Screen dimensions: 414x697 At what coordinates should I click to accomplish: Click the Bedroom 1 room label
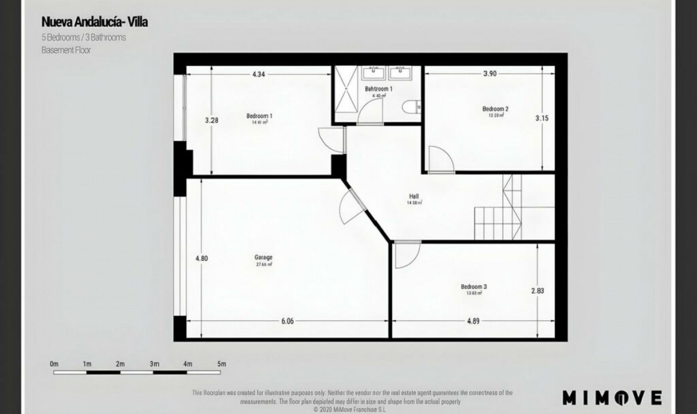259,116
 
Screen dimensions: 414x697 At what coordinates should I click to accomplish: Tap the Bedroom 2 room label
495,109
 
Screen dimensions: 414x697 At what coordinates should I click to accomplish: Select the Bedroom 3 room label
474,287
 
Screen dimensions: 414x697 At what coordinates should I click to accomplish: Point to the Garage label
263,257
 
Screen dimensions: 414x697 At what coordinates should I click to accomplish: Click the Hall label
414,196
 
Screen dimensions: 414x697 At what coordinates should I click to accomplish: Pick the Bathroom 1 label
379,89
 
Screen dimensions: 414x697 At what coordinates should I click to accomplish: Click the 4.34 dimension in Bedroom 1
258,74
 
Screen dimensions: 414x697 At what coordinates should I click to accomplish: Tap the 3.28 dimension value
212,120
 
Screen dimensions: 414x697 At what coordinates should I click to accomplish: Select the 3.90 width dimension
490,74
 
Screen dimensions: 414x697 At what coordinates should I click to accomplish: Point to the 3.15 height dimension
542,118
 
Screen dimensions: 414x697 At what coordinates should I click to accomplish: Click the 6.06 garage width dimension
287,321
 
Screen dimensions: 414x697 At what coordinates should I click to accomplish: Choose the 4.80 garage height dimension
201,259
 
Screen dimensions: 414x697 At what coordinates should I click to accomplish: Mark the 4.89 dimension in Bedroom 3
473,321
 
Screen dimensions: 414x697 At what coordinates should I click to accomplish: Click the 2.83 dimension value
537,291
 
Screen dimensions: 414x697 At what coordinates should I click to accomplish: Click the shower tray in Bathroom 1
346,89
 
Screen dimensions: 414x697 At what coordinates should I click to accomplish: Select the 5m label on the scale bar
221,364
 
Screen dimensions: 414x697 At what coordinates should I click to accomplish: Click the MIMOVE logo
612,398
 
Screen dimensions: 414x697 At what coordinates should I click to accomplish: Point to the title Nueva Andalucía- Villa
94,22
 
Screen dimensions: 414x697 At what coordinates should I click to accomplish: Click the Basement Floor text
66,50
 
